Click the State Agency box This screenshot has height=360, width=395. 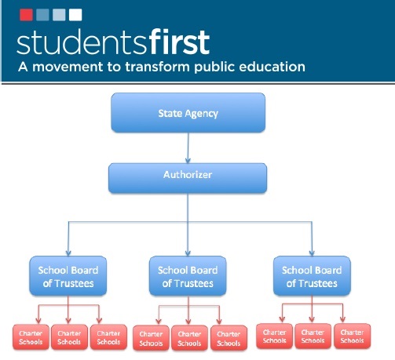[x=188, y=112]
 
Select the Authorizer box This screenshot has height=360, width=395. [x=188, y=178]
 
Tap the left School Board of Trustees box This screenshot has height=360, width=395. [x=68, y=276]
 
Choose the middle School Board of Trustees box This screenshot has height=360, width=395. [x=188, y=276]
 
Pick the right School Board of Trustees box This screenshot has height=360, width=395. [x=312, y=276]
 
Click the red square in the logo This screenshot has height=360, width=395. [x=26, y=15]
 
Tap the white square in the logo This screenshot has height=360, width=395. [x=75, y=15]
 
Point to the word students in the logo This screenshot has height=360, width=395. [x=82, y=42]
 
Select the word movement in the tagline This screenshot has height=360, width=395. [x=68, y=67]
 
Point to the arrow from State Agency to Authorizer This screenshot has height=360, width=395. [x=188, y=147]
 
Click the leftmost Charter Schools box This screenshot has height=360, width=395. [x=31, y=337]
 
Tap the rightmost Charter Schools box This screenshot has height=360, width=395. [x=353, y=336]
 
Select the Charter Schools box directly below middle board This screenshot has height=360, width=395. [x=189, y=338]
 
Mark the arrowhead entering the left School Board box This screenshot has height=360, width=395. [x=68, y=253]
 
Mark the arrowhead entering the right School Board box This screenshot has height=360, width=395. [x=312, y=253]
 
